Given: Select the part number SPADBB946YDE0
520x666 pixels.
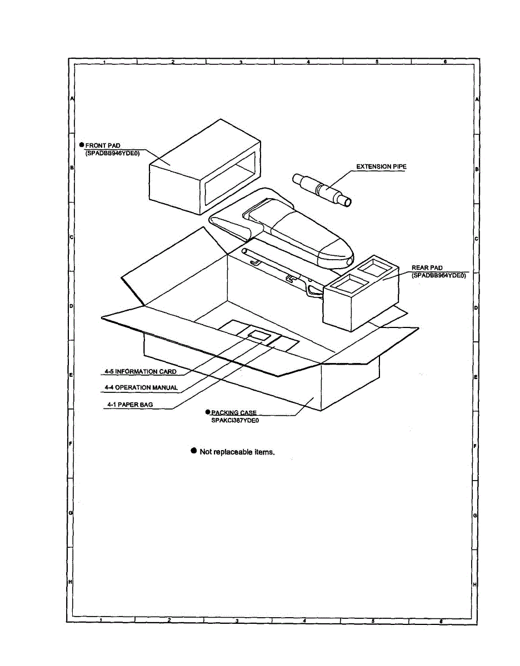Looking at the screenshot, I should click(112, 153).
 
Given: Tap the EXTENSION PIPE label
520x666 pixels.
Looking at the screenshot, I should click(381, 167).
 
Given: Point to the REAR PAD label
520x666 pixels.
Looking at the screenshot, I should click(427, 268).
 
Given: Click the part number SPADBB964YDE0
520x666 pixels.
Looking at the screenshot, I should click(439, 275).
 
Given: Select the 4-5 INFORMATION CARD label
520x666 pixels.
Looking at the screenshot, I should click(141, 372).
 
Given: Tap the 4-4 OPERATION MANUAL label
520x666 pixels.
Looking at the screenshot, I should click(141, 387).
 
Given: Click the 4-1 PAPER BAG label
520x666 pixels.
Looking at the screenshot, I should click(130, 405).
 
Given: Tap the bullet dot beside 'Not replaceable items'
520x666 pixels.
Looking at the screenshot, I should click(194, 451).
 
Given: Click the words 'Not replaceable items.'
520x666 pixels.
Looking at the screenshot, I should click(237, 452).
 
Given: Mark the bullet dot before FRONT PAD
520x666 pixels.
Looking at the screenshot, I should click(81, 145).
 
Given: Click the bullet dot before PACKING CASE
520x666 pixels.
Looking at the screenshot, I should click(207, 412).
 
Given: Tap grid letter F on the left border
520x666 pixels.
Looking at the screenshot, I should click(71, 444).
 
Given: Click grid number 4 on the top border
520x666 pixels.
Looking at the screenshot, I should click(308, 62).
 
